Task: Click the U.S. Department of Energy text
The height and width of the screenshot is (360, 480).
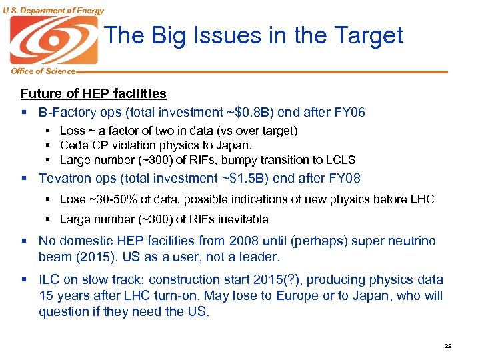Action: click(x=53, y=11)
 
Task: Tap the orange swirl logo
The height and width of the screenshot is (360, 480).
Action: click(x=53, y=40)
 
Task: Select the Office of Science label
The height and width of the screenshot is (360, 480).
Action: click(x=38, y=71)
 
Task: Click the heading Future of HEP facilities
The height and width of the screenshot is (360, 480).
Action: click(x=93, y=94)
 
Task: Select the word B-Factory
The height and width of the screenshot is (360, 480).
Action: click(x=66, y=112)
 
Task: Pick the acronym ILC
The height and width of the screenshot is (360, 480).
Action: click(x=49, y=280)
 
